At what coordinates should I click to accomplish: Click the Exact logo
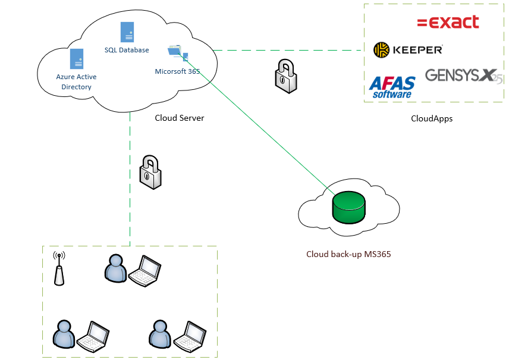click(448, 23)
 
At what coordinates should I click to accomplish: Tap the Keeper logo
click(408, 50)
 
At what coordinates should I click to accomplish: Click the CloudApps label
click(432, 118)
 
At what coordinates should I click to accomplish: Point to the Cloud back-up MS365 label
click(348, 254)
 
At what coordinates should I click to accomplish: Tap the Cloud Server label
click(179, 118)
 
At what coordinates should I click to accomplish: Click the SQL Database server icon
click(127, 32)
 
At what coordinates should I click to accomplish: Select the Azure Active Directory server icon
click(76, 59)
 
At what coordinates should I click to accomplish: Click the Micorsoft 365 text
click(177, 71)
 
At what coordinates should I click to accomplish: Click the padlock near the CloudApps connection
click(285, 75)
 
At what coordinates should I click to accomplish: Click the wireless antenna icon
click(58, 268)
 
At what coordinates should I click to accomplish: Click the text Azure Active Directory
click(76, 82)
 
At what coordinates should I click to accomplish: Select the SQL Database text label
click(127, 50)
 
